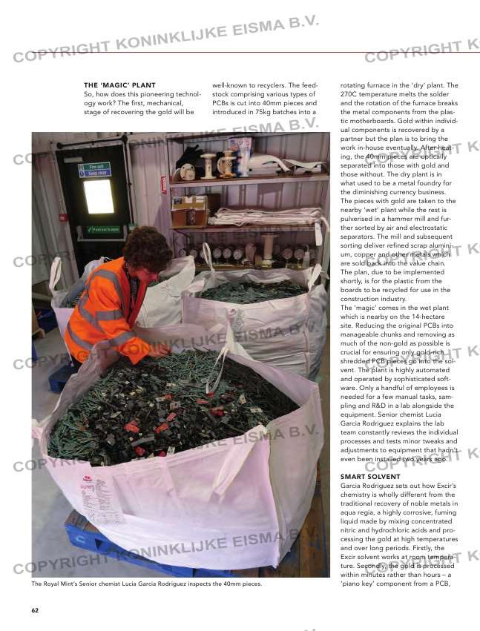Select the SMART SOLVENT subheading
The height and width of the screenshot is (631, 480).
tap(370, 476)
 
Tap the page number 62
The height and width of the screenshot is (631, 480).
tap(35, 610)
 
